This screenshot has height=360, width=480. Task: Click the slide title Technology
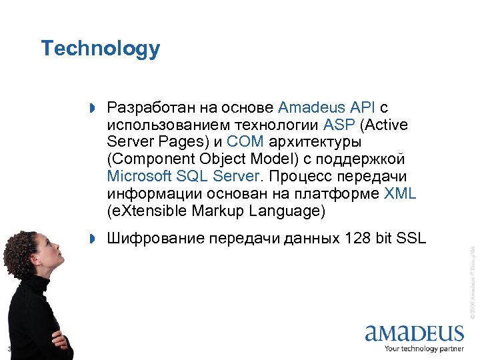(100, 49)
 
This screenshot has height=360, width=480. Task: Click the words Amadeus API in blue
(327, 107)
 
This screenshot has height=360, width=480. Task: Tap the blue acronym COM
(245, 142)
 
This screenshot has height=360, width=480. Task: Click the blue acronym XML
(401, 194)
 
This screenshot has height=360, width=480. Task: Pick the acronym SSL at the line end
(411, 238)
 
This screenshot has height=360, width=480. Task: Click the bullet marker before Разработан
(93, 108)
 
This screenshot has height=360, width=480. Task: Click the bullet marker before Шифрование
(93, 239)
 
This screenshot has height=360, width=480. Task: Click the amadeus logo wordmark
(414, 333)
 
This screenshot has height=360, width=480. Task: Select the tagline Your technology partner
(423, 349)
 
